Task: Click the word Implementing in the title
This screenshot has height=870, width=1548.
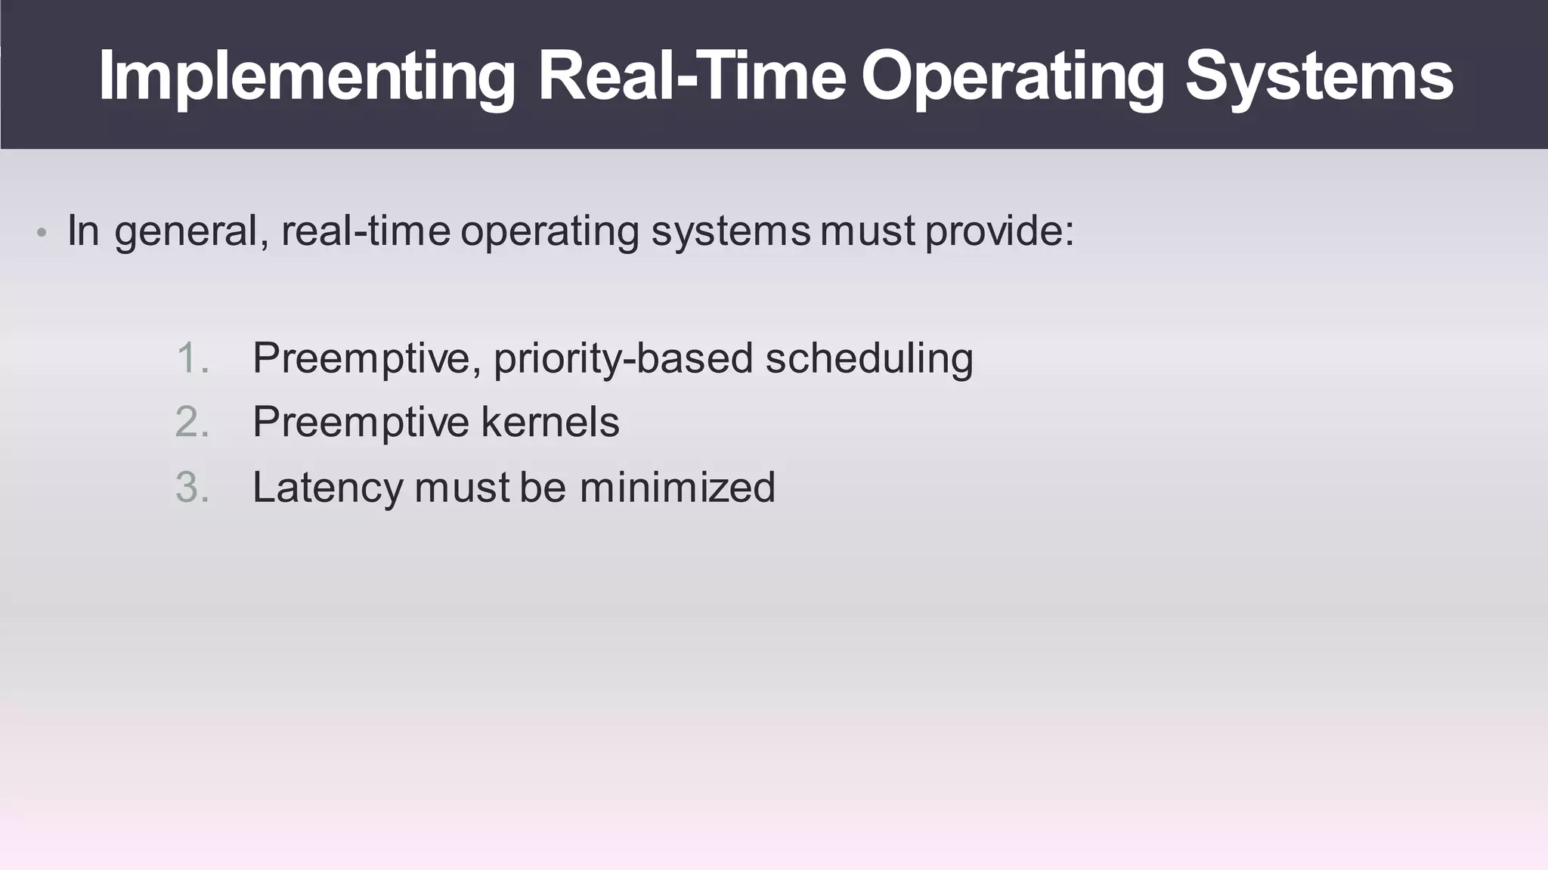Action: click(x=306, y=77)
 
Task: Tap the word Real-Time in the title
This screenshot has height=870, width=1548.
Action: click(x=691, y=76)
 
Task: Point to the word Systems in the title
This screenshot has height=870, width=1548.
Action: click(x=1318, y=77)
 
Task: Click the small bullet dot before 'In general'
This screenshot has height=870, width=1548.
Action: click(x=42, y=233)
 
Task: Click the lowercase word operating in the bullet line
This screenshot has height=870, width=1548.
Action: click(x=550, y=231)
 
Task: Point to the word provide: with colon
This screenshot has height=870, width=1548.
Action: click(x=999, y=231)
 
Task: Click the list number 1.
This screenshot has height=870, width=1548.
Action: click(x=192, y=358)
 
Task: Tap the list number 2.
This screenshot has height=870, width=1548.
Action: click(x=192, y=423)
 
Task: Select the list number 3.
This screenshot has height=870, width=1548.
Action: click(x=192, y=488)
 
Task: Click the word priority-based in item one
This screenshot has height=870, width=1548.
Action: click(x=623, y=359)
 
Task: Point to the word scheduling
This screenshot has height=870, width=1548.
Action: click(x=869, y=359)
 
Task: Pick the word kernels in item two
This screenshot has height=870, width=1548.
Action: click(x=550, y=422)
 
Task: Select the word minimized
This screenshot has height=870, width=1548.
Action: click(x=677, y=487)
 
